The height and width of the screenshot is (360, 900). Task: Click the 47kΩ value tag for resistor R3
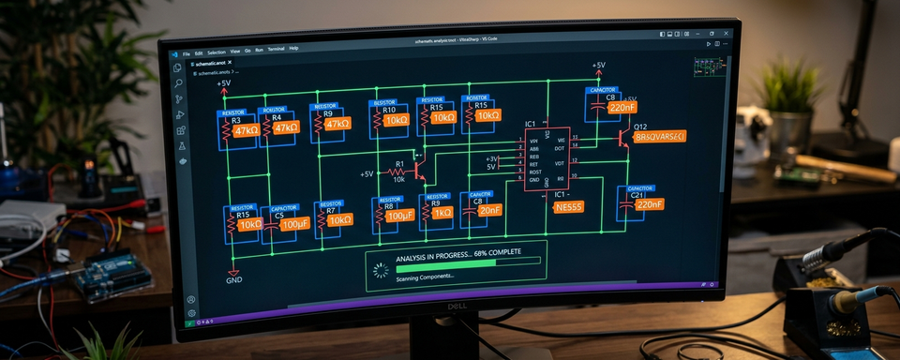[247, 130]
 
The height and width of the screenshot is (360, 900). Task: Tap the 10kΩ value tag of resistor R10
[397, 121]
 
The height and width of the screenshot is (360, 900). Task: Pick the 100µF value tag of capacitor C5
[294, 225]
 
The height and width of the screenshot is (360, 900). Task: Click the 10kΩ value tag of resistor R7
[339, 219]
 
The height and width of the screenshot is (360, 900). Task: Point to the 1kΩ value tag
[442, 213]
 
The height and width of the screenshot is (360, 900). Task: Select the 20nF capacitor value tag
[488, 210]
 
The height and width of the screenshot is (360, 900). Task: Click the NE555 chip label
[568, 206]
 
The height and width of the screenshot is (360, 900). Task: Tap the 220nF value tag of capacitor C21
[649, 204]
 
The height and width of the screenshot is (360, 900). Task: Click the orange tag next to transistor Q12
[660, 137]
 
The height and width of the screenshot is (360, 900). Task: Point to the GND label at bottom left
[234, 278]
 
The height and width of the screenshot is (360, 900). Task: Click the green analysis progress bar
[447, 263]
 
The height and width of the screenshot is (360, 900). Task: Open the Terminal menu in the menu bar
[276, 48]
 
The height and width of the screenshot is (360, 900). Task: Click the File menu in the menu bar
[187, 53]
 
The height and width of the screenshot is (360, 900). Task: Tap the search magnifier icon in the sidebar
[178, 82]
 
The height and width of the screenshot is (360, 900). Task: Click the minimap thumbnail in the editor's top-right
[710, 66]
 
